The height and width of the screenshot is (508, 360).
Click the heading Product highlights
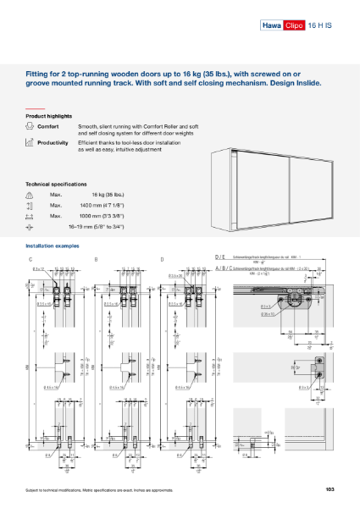click(48, 116)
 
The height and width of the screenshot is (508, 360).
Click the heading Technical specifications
click(56, 184)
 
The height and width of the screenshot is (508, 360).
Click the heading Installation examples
click(53, 246)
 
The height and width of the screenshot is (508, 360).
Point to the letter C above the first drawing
click(30, 257)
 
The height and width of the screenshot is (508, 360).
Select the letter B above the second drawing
click(96, 257)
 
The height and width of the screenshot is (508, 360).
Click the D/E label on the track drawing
click(220, 257)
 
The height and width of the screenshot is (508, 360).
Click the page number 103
click(330, 490)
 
